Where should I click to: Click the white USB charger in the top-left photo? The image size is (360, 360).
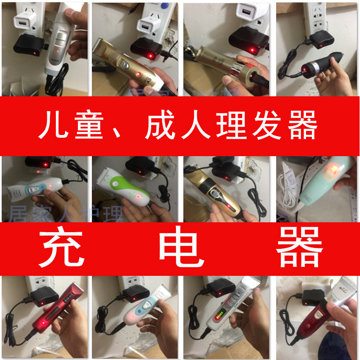click(x=23, y=22)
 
